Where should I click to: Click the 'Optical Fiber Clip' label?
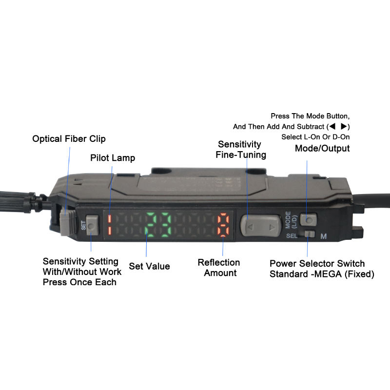click(69, 139)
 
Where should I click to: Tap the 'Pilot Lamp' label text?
click(113, 158)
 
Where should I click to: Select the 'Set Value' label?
click(150, 266)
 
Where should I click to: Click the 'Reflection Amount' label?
click(219, 268)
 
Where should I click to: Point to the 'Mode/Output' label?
click(322, 149)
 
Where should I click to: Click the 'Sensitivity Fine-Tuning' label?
click(240, 150)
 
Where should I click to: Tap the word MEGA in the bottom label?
click(328, 274)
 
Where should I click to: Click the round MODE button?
click(309, 220)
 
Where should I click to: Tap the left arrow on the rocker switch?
click(250, 227)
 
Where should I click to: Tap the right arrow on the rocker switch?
click(272, 227)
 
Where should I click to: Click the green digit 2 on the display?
click(151, 225)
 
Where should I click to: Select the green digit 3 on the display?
click(165, 225)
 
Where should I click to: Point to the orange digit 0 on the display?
click(223, 224)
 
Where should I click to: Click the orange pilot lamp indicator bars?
click(110, 225)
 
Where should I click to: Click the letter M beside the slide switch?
click(323, 236)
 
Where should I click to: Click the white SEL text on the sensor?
click(292, 236)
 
